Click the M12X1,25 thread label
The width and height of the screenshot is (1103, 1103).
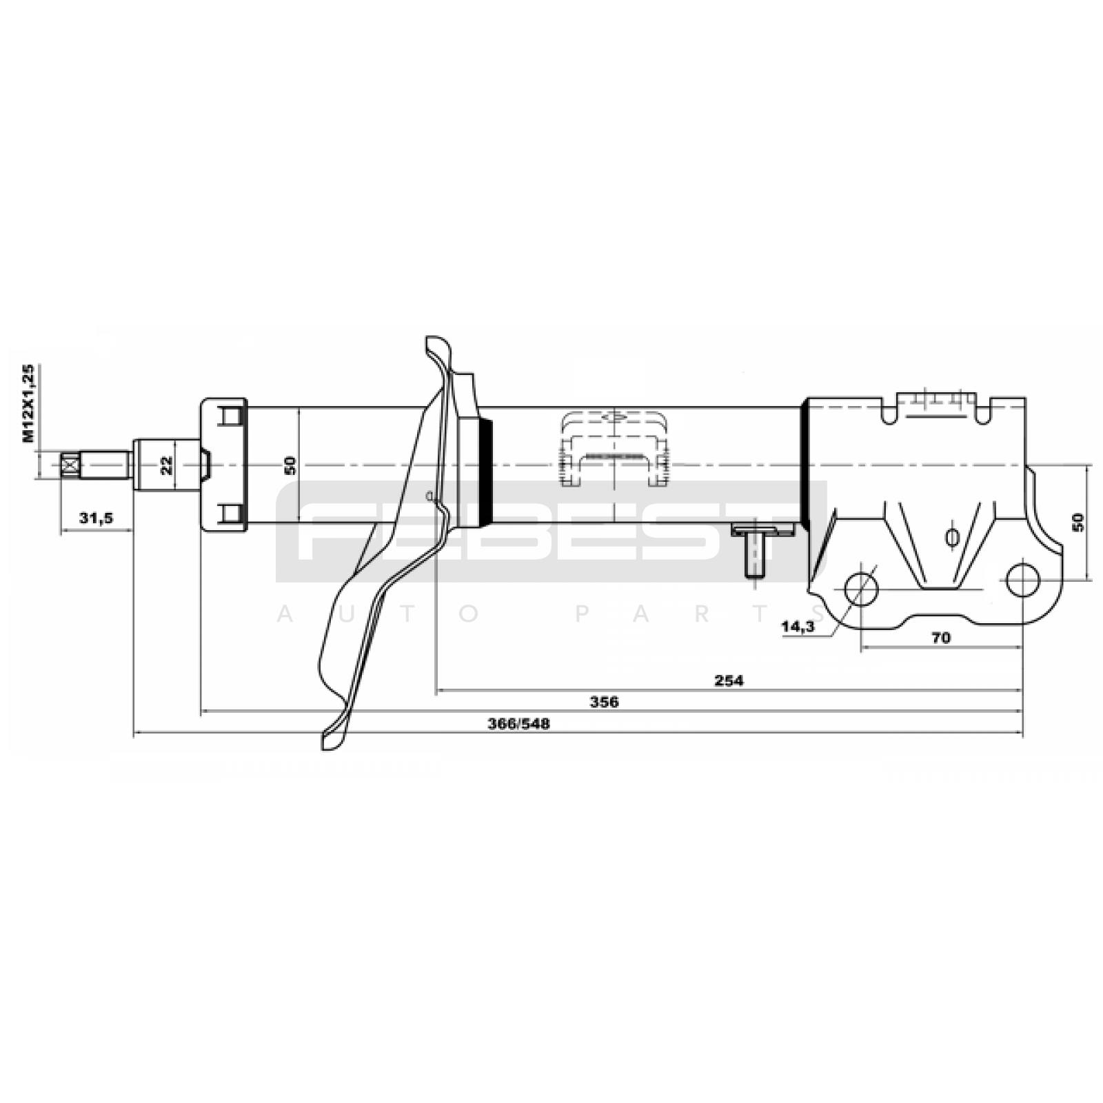click(x=28, y=403)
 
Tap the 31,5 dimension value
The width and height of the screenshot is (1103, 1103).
click(x=96, y=518)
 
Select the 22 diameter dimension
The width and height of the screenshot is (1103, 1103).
click(x=167, y=466)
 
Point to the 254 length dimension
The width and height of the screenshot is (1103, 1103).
click(x=729, y=680)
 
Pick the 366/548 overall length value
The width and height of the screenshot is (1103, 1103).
click(x=518, y=724)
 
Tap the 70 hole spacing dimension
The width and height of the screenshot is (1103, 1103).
click(x=940, y=638)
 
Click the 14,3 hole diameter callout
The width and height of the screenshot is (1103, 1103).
click(x=798, y=627)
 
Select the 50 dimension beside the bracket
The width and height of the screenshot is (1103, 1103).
click(x=1078, y=522)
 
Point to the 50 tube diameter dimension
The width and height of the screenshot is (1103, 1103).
click(x=290, y=465)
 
